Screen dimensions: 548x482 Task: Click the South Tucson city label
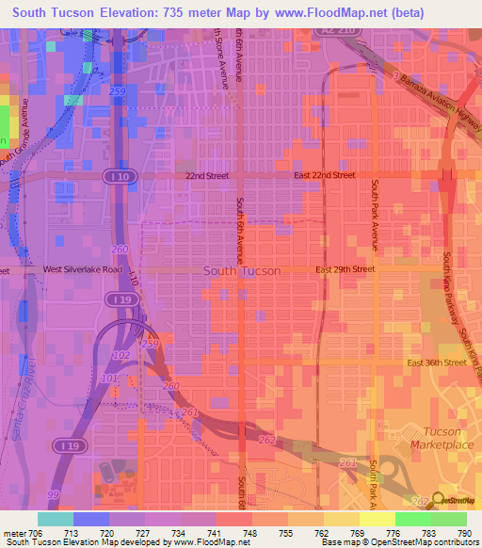[242, 271]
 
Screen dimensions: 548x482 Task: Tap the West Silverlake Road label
[81, 269]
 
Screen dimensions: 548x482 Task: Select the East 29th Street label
[345, 269]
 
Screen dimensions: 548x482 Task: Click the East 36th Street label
[437, 363]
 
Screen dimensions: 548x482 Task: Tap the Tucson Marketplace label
[442, 438]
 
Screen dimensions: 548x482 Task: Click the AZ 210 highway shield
[348, 31]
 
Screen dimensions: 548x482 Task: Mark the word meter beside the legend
[13, 532]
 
